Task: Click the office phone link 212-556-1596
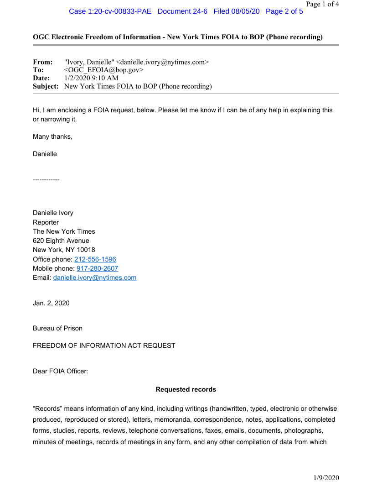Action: (x=95, y=259)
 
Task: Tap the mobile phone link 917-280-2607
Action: (x=97, y=268)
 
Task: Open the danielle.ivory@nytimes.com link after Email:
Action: (x=95, y=278)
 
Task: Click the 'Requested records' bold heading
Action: (x=186, y=389)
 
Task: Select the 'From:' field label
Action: (x=43, y=62)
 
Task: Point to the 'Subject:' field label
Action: (x=46, y=86)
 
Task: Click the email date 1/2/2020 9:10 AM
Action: (x=91, y=78)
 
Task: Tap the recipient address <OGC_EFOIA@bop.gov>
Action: (x=104, y=70)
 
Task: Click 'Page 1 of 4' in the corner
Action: (x=322, y=5)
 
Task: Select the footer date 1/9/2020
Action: (x=326, y=477)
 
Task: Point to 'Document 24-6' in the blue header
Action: (x=182, y=11)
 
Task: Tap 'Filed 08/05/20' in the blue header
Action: (x=236, y=11)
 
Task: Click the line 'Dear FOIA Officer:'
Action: (x=60, y=371)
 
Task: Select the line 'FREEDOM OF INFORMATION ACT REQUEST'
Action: (x=104, y=346)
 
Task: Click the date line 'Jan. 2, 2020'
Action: (x=51, y=303)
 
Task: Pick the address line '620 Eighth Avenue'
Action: (x=61, y=241)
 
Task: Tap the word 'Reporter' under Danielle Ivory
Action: (x=46, y=222)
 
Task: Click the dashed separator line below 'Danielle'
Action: (x=46, y=180)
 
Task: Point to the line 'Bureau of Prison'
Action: (x=57, y=328)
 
